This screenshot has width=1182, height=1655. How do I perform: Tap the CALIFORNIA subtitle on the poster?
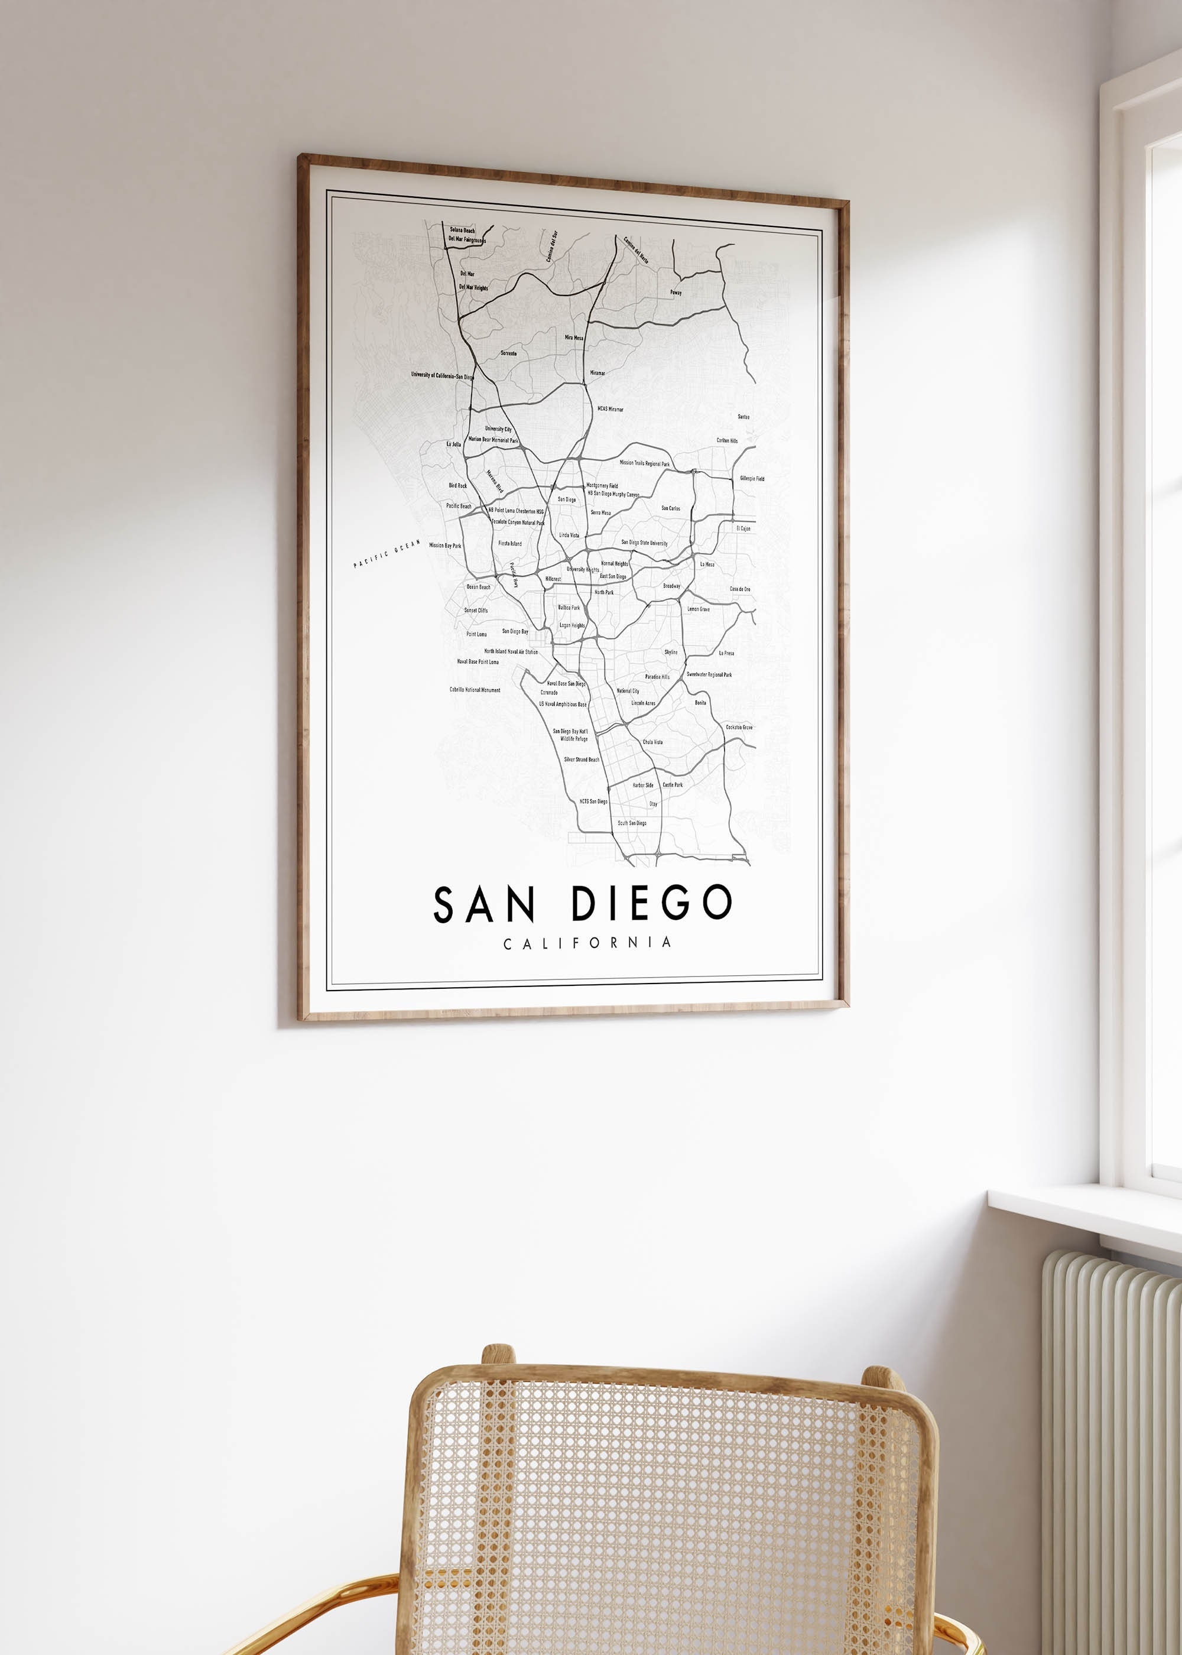pos(587,943)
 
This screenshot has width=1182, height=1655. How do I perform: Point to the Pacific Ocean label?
pos(387,554)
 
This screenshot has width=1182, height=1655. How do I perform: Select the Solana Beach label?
pos(462,230)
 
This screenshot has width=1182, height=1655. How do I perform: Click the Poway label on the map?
pos(676,293)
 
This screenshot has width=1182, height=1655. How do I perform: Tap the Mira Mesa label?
pos(574,338)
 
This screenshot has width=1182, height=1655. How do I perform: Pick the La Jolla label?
pos(453,444)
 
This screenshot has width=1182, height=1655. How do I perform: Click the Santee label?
pos(743,417)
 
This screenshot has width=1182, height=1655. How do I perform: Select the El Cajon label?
pos(743,528)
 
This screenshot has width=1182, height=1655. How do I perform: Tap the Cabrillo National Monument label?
pos(475,690)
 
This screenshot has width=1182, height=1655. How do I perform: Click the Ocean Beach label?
pos(478,586)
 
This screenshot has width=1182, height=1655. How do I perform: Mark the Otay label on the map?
pos(653,804)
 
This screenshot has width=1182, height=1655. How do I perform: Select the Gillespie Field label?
pos(752,479)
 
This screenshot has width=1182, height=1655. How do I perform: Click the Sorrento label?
pos(509,353)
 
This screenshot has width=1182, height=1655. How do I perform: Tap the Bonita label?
pos(700,703)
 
